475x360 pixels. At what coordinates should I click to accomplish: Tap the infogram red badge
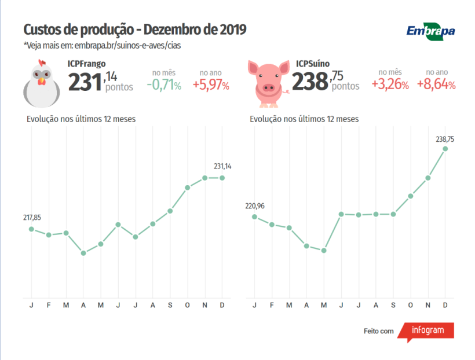coord(428,330)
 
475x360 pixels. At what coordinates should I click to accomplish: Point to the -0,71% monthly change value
coord(164,85)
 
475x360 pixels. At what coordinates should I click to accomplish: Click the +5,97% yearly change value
coord(211,85)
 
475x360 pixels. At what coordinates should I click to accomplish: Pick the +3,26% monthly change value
coord(390,85)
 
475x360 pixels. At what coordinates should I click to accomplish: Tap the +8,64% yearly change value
coord(436,85)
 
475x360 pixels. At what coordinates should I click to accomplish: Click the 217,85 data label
coord(32,218)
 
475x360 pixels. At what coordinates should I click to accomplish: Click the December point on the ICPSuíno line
coord(445,149)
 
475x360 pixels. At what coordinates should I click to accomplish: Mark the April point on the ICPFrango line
coord(83,253)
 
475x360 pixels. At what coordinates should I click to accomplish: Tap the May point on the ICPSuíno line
coord(324,251)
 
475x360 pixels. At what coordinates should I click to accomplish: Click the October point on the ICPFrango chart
coord(187,188)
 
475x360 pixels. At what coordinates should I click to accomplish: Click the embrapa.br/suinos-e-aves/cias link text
coord(130,45)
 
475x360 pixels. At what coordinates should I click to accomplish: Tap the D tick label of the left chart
coord(222,306)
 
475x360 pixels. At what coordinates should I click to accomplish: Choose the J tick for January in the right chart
coord(254,306)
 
